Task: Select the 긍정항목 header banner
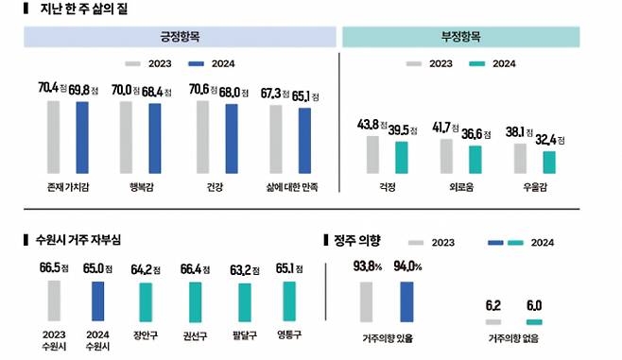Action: [x=180, y=37]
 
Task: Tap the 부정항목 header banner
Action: [x=460, y=37]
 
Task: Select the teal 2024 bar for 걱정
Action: [x=402, y=158]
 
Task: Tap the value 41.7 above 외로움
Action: [x=441, y=126]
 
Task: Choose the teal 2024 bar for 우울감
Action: [x=548, y=163]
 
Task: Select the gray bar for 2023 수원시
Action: [x=53, y=300]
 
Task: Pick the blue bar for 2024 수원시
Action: [x=97, y=301]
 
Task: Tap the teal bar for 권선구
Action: [x=194, y=301]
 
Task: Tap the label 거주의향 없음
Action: [x=510, y=337]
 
